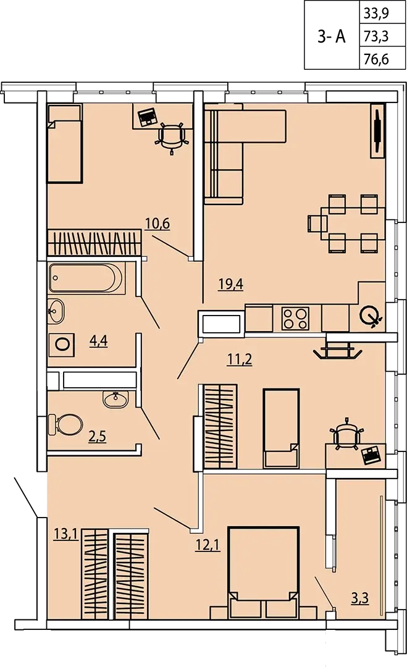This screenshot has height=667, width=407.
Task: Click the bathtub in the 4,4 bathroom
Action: [86, 278]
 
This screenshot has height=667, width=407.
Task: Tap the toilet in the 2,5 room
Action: [65, 424]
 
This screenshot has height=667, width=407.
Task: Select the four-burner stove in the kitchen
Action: [295, 319]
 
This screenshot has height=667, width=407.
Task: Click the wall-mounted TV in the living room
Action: [377, 130]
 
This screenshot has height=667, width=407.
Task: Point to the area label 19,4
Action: [230, 283]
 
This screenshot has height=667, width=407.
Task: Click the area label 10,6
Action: [157, 223]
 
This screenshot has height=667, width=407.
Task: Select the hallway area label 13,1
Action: [66, 533]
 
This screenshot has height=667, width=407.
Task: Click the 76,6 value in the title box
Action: [376, 59]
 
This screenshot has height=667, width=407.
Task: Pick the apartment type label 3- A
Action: [331, 37]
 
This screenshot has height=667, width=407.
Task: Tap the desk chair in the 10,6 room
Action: [172, 136]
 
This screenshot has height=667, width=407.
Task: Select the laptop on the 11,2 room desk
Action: [371, 455]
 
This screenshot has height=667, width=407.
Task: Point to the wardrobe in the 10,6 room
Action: [94, 243]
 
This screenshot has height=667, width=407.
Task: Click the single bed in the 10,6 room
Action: [64, 144]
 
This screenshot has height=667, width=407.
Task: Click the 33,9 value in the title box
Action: [376, 15]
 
